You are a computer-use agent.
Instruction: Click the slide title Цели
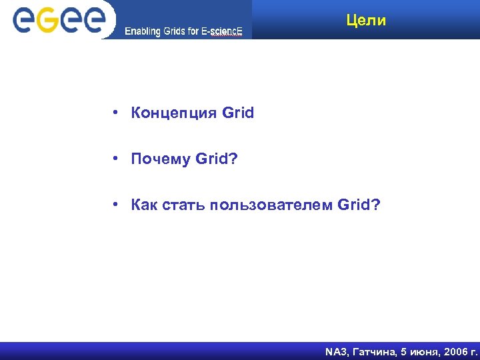[366, 21]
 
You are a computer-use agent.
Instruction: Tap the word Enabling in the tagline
[142, 31]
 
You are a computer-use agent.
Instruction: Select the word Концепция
[174, 113]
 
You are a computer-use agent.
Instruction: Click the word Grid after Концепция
[238, 113]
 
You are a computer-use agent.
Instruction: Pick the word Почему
[161, 159]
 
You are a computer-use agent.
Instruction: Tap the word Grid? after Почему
[216, 159]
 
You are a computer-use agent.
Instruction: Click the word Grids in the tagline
[174, 31]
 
